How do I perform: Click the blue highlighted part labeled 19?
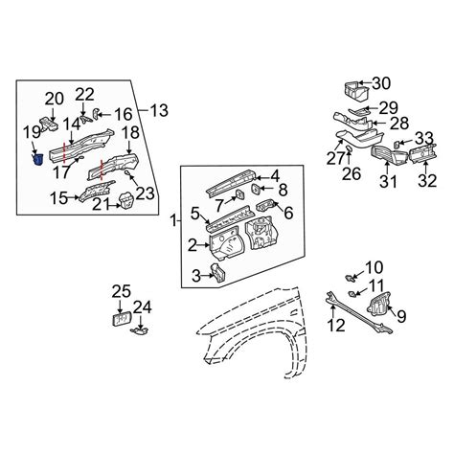(38, 159)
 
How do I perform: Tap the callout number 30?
(381, 83)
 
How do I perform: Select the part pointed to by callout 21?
(126, 201)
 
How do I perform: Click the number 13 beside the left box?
(159, 110)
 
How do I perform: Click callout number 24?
(142, 307)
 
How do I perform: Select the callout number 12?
(336, 325)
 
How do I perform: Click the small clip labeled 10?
(351, 278)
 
